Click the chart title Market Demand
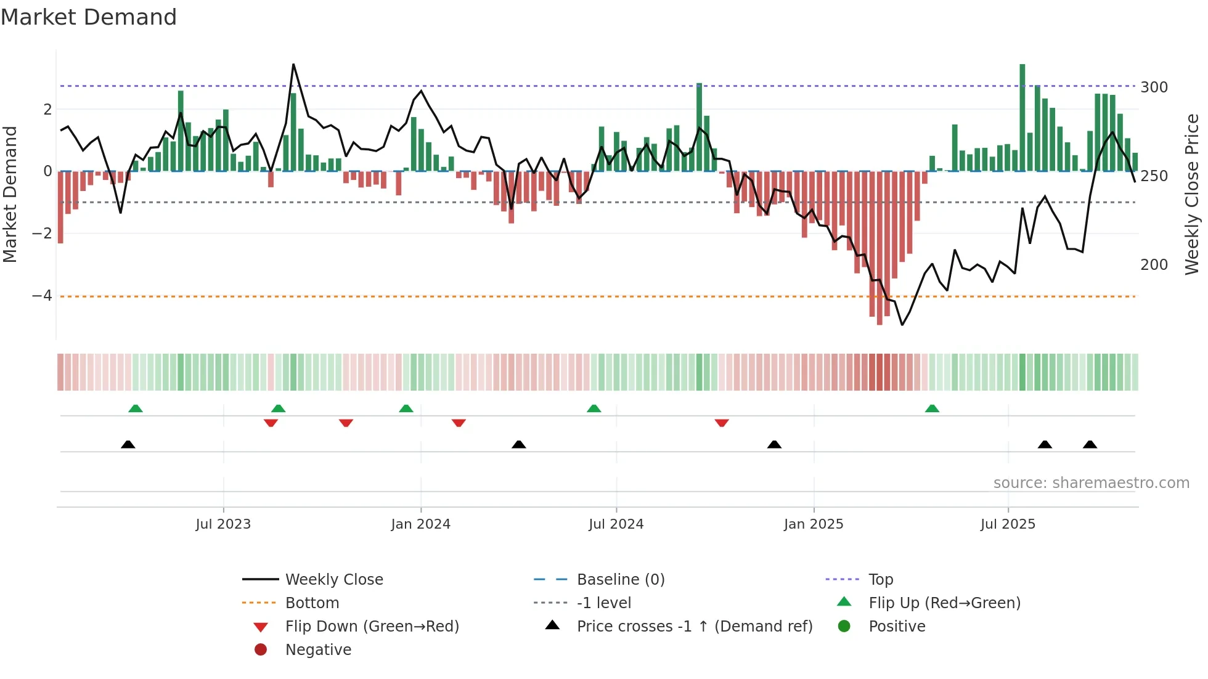(89, 17)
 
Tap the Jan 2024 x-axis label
(420, 524)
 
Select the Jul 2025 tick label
(1008, 524)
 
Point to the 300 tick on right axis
(1154, 87)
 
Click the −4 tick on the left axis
(42, 296)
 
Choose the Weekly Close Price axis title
(1192, 194)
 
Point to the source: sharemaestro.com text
(1091, 483)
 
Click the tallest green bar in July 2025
(1022, 117)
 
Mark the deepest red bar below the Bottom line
(879, 246)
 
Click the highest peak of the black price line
(293, 65)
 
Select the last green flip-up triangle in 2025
(932, 409)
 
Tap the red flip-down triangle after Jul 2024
(722, 423)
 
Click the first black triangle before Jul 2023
(128, 444)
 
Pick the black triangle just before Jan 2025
(774, 444)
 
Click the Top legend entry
(880, 580)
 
